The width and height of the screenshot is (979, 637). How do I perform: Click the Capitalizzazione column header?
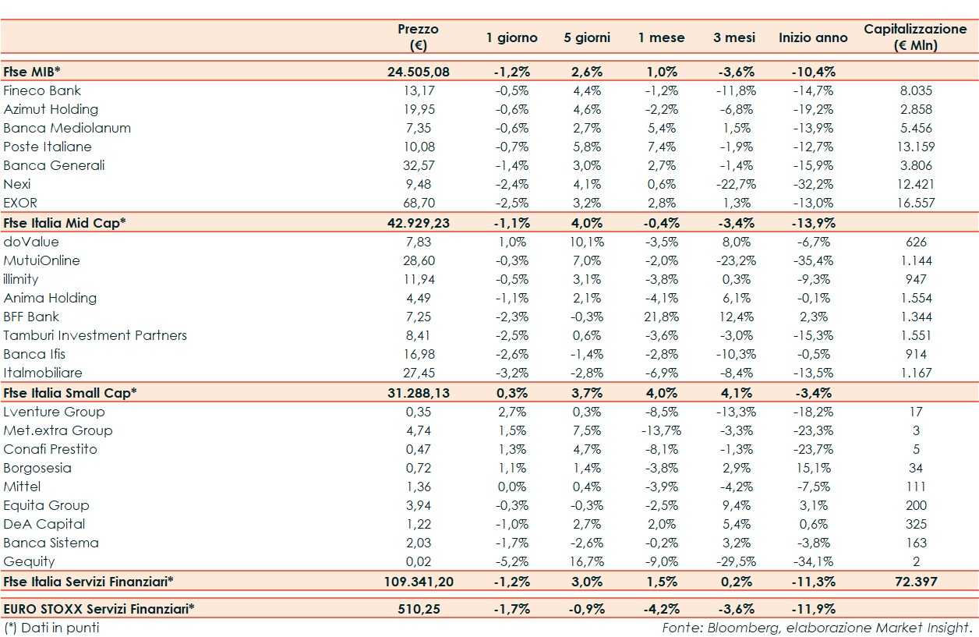pyautogui.click(x=915, y=37)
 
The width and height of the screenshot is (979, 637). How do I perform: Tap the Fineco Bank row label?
pyautogui.click(x=42, y=90)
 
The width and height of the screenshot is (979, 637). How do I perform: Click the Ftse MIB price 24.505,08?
pyautogui.click(x=418, y=72)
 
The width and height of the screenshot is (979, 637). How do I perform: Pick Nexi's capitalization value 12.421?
pyautogui.click(x=915, y=184)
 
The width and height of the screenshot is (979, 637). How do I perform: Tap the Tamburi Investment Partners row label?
pyautogui.click(x=95, y=335)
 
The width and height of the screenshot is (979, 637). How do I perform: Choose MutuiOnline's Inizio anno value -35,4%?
pyautogui.click(x=813, y=260)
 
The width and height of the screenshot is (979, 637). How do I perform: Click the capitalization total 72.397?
pyautogui.click(x=915, y=581)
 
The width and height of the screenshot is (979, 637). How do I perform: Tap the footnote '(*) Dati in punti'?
pyautogui.click(x=51, y=627)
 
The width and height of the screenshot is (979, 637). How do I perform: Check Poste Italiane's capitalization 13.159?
pyautogui.click(x=915, y=147)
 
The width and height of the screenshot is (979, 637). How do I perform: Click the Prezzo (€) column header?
pyautogui.click(x=418, y=37)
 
